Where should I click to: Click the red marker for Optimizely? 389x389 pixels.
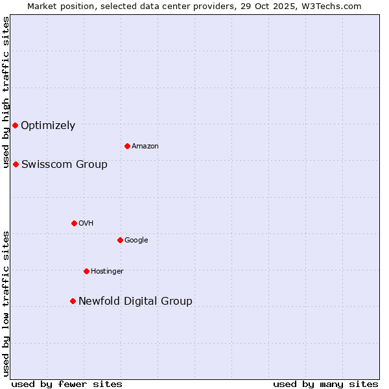15,125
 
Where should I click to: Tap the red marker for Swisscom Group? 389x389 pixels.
16,164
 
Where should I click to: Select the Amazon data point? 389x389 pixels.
127,146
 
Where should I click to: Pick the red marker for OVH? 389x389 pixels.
74,223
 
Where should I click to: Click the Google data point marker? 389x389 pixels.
120,240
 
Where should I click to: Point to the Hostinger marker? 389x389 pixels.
86,271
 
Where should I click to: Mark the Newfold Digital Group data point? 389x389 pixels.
73,301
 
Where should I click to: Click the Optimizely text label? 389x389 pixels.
48,126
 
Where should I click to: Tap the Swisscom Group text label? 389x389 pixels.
64,165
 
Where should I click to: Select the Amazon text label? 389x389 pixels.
145,147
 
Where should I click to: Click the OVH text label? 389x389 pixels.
86,224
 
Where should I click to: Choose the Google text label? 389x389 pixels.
136,241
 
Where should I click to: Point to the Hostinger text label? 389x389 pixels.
107,272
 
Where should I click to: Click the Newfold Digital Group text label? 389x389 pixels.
135,301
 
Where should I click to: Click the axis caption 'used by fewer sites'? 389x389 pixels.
67,384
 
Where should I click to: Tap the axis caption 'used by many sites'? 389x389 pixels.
325,384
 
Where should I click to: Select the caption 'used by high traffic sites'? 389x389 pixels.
6,92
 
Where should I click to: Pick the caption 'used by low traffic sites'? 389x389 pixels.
6,303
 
